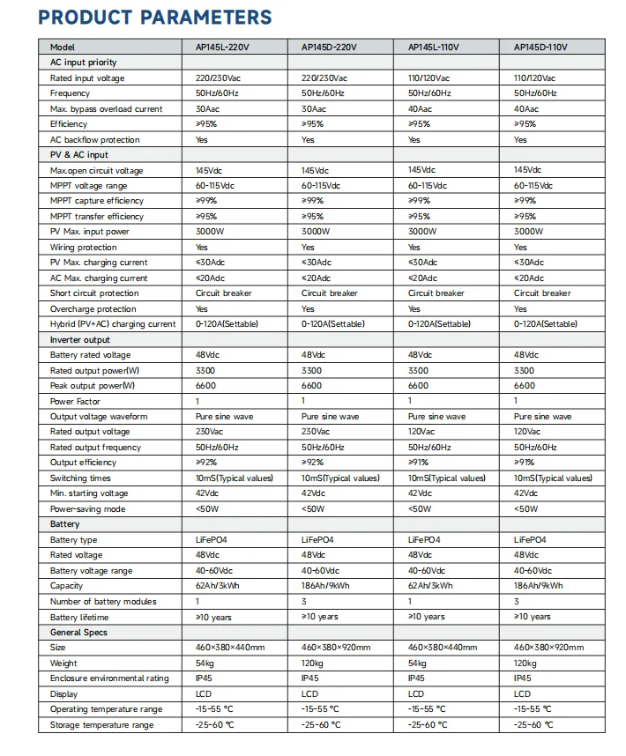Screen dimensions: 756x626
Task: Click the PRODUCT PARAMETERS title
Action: (x=155, y=18)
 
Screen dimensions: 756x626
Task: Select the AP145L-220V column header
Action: (x=223, y=48)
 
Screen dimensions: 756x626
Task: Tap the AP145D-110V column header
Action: (x=542, y=48)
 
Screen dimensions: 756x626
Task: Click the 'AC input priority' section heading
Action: (x=83, y=63)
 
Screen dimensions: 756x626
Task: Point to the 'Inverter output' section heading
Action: (x=80, y=340)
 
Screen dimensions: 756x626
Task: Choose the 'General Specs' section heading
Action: (x=79, y=633)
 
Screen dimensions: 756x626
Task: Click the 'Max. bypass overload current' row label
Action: (x=106, y=109)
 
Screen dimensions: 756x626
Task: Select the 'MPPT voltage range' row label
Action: (x=88, y=186)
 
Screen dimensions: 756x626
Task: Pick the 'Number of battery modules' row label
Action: (x=103, y=602)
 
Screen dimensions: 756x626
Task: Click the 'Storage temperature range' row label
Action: (x=101, y=725)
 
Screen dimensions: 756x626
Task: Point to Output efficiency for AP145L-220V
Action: (x=206, y=463)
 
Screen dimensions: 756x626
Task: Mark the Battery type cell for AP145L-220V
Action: (x=211, y=540)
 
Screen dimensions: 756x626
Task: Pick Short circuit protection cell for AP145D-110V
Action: (x=542, y=293)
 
